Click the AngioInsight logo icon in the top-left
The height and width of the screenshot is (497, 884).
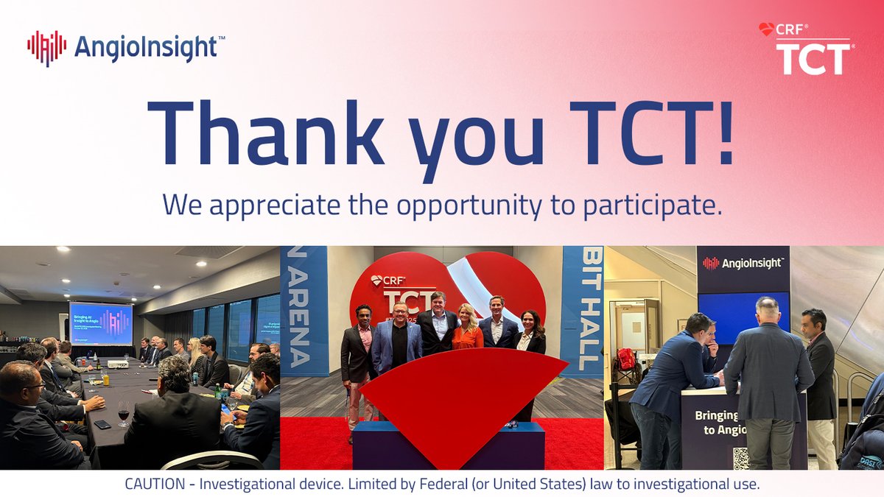(x=46, y=48)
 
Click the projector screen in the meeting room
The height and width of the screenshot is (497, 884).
(x=100, y=323)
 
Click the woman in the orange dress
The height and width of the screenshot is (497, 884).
(x=467, y=327)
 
